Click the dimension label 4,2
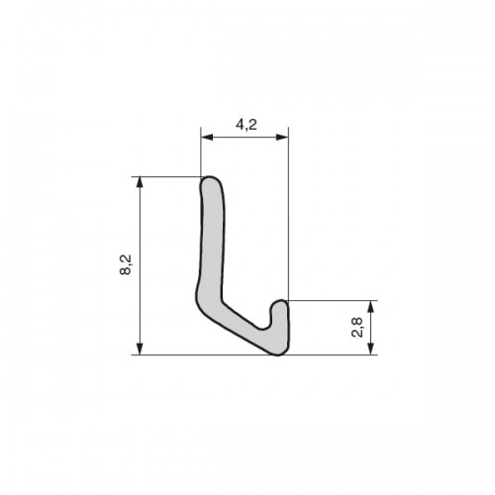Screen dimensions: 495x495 [x=247, y=125]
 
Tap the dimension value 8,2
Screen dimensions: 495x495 [x=126, y=264]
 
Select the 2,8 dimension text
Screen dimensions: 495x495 [x=357, y=327]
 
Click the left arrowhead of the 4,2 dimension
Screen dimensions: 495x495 [x=207, y=138]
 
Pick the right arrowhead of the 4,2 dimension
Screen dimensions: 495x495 [x=282, y=138]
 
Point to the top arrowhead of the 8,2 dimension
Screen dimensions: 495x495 [x=140, y=183]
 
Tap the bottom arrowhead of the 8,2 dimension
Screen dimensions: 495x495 [x=140, y=348]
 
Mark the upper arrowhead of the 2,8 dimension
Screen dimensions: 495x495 [x=371, y=307]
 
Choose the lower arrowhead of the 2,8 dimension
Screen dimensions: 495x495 [x=371, y=348]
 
